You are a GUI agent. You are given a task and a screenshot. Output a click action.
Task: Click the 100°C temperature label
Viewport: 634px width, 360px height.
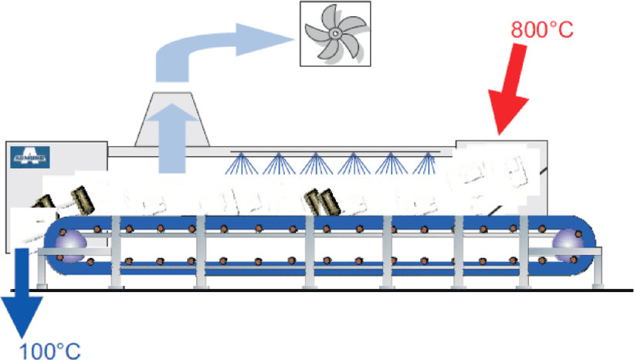pyautogui.click(x=49, y=349)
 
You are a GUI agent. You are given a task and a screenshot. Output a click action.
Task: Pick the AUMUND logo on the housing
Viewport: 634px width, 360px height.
pyautogui.click(x=30, y=158)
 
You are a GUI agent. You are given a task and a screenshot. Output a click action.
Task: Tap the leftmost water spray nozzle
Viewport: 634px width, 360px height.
pyautogui.click(x=242, y=163)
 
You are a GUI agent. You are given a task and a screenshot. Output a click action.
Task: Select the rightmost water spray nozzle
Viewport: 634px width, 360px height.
pyautogui.click(x=425, y=163)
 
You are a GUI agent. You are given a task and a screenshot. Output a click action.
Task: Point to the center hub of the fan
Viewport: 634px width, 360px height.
pyautogui.click(x=334, y=33)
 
